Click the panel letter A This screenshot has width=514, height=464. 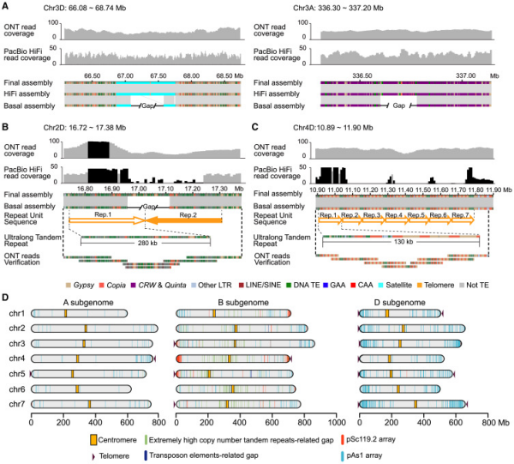7,7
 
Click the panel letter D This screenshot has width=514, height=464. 7,298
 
